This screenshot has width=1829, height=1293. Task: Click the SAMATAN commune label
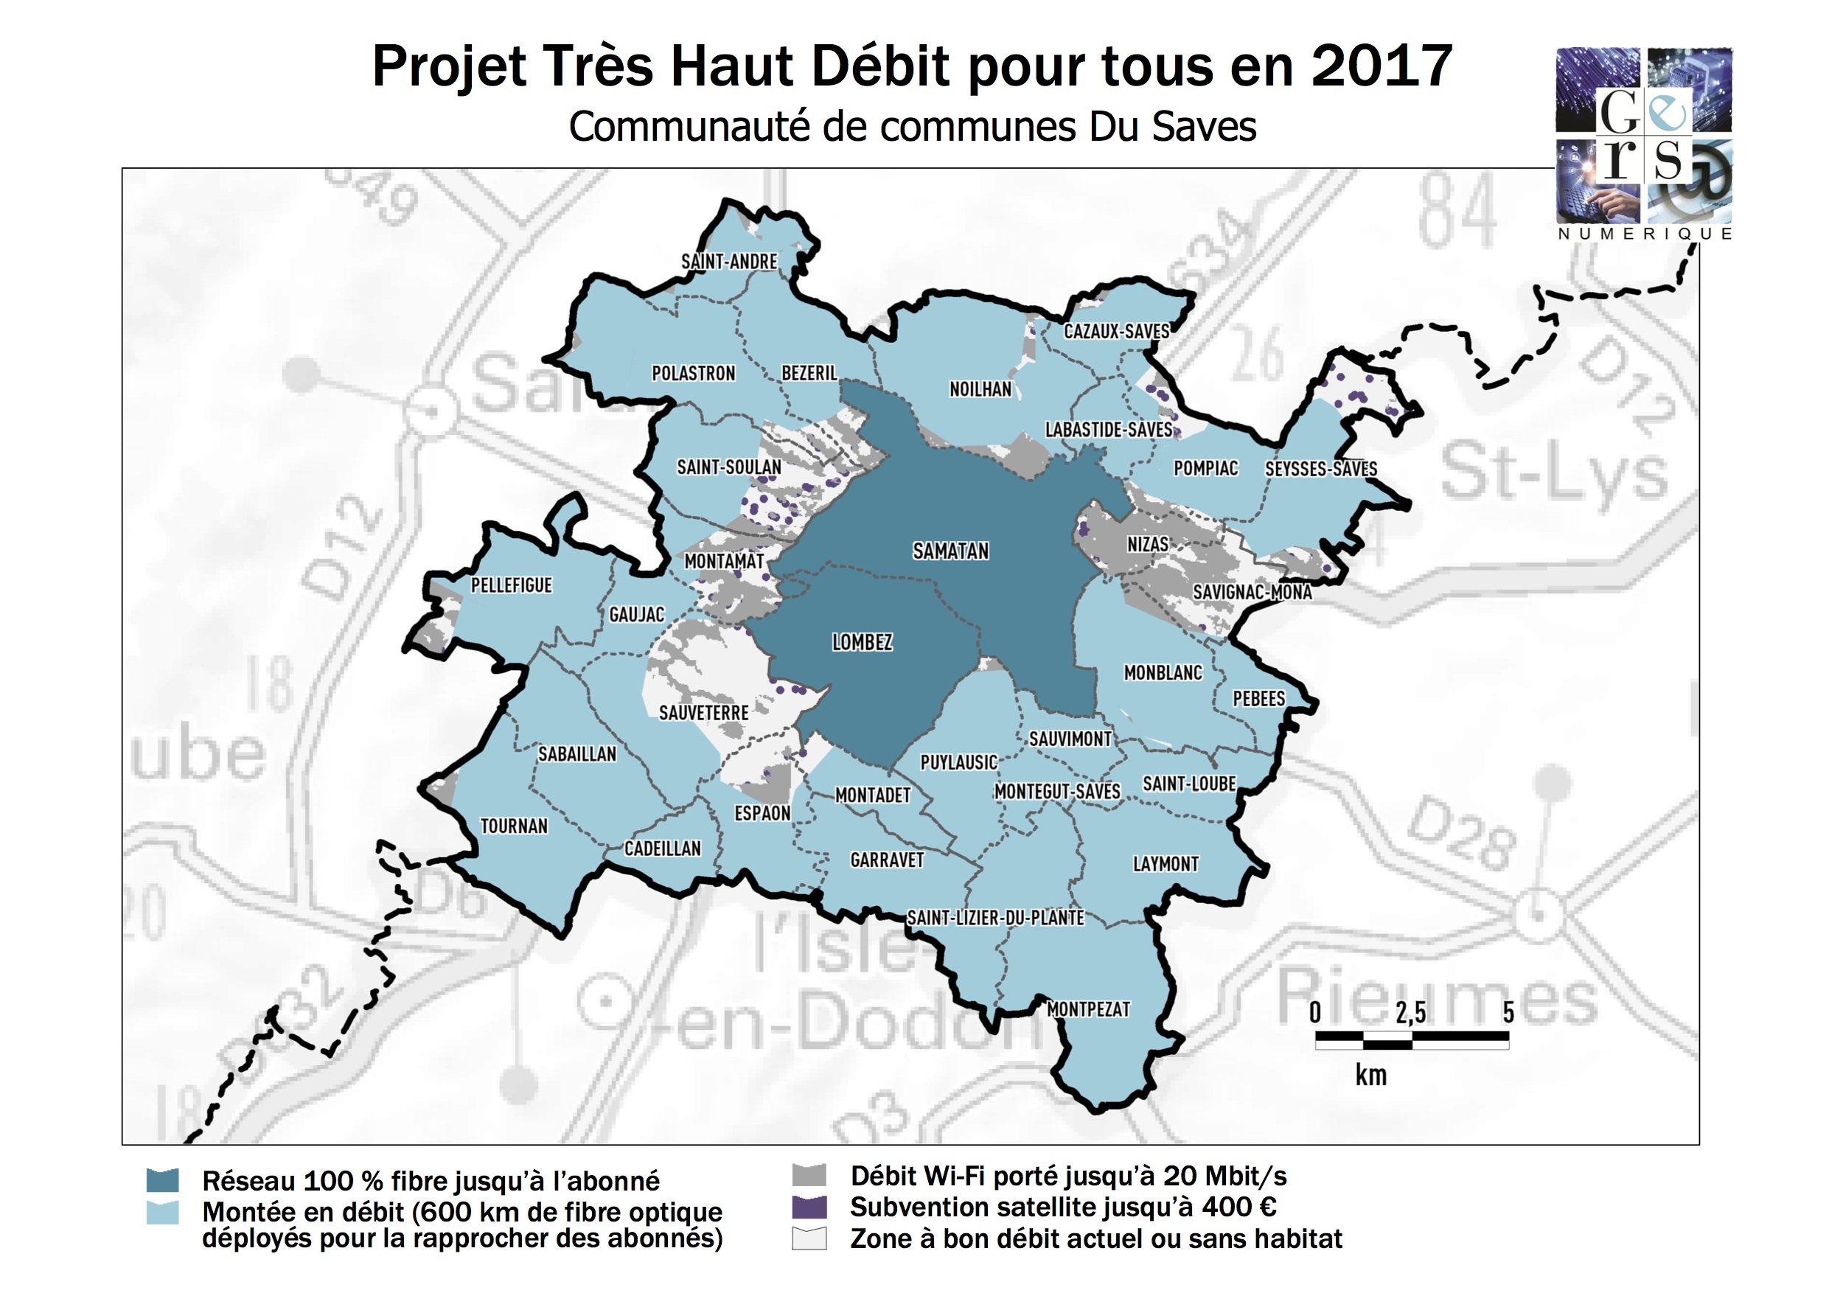(950, 551)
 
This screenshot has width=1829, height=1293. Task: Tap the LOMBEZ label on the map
(862, 642)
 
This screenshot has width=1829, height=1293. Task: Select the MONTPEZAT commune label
(1088, 1009)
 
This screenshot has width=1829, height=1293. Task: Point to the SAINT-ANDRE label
(729, 261)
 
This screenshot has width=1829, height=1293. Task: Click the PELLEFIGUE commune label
(512, 585)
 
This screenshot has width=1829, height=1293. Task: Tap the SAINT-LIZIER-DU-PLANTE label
(996, 918)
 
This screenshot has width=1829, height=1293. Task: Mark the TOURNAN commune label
(514, 826)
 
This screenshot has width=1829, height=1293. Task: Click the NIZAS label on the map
(1147, 544)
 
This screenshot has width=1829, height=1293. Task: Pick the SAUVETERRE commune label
(703, 712)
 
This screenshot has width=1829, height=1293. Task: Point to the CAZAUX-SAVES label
(1117, 332)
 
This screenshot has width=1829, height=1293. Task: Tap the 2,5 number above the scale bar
(1410, 1013)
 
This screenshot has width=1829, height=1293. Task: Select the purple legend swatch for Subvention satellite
(809, 1206)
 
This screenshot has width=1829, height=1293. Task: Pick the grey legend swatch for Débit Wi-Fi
(809, 1175)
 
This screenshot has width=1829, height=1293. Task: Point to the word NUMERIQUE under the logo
(1645, 234)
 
